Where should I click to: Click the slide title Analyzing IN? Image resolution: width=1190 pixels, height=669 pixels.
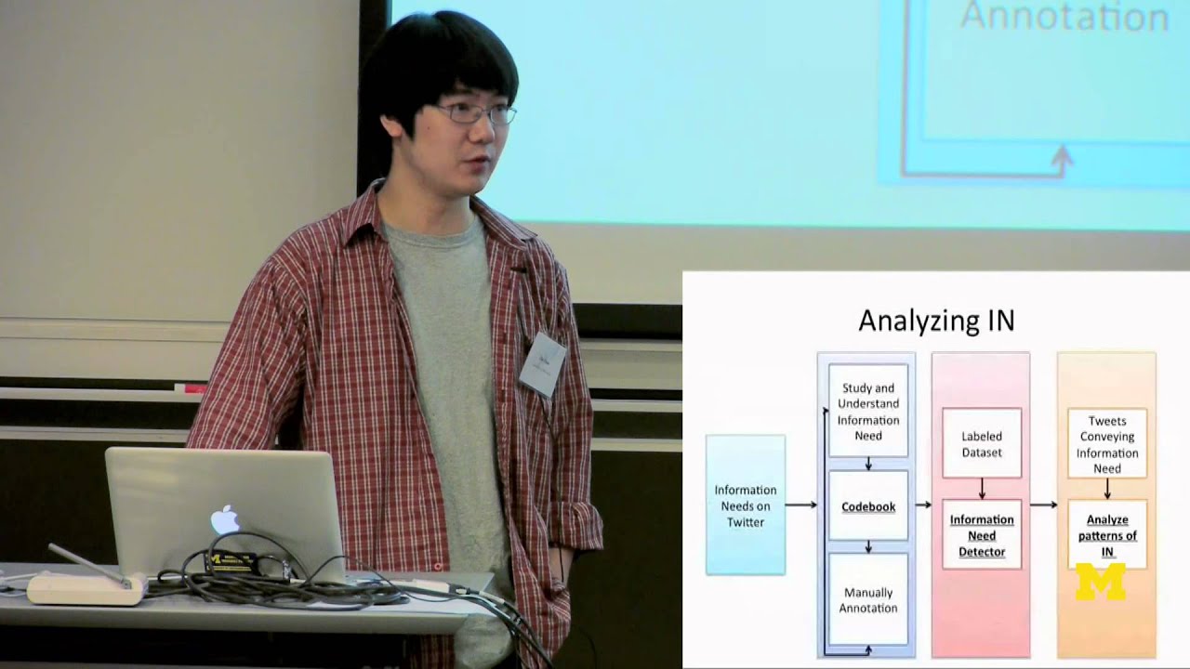936,321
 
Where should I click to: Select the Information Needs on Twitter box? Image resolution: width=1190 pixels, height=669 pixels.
745,505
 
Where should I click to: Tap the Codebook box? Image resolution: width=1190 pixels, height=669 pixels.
868,506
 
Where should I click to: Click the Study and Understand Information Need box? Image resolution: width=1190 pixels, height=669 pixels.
868,411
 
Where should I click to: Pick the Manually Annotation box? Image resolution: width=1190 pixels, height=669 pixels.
868,599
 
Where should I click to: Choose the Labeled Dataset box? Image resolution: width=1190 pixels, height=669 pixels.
982,443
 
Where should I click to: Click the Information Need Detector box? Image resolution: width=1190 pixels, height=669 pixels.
982,535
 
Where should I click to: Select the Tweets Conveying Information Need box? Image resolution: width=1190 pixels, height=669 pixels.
1106,444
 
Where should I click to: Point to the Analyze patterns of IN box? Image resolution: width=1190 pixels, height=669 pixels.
1106,534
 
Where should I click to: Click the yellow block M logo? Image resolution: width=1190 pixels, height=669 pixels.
1100,581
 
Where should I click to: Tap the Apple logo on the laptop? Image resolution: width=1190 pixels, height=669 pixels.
225,520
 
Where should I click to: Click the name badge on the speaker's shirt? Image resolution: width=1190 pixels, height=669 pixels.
542,363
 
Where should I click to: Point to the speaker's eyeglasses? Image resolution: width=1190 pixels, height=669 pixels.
475,114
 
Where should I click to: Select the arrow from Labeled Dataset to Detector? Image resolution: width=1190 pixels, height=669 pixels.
982,489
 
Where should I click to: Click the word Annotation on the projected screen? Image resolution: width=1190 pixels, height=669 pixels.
1064,17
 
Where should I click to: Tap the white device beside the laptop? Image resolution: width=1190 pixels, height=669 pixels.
84,587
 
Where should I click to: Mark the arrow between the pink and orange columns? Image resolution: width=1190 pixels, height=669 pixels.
1043,505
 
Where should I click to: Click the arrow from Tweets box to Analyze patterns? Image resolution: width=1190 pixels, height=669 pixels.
1106,489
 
